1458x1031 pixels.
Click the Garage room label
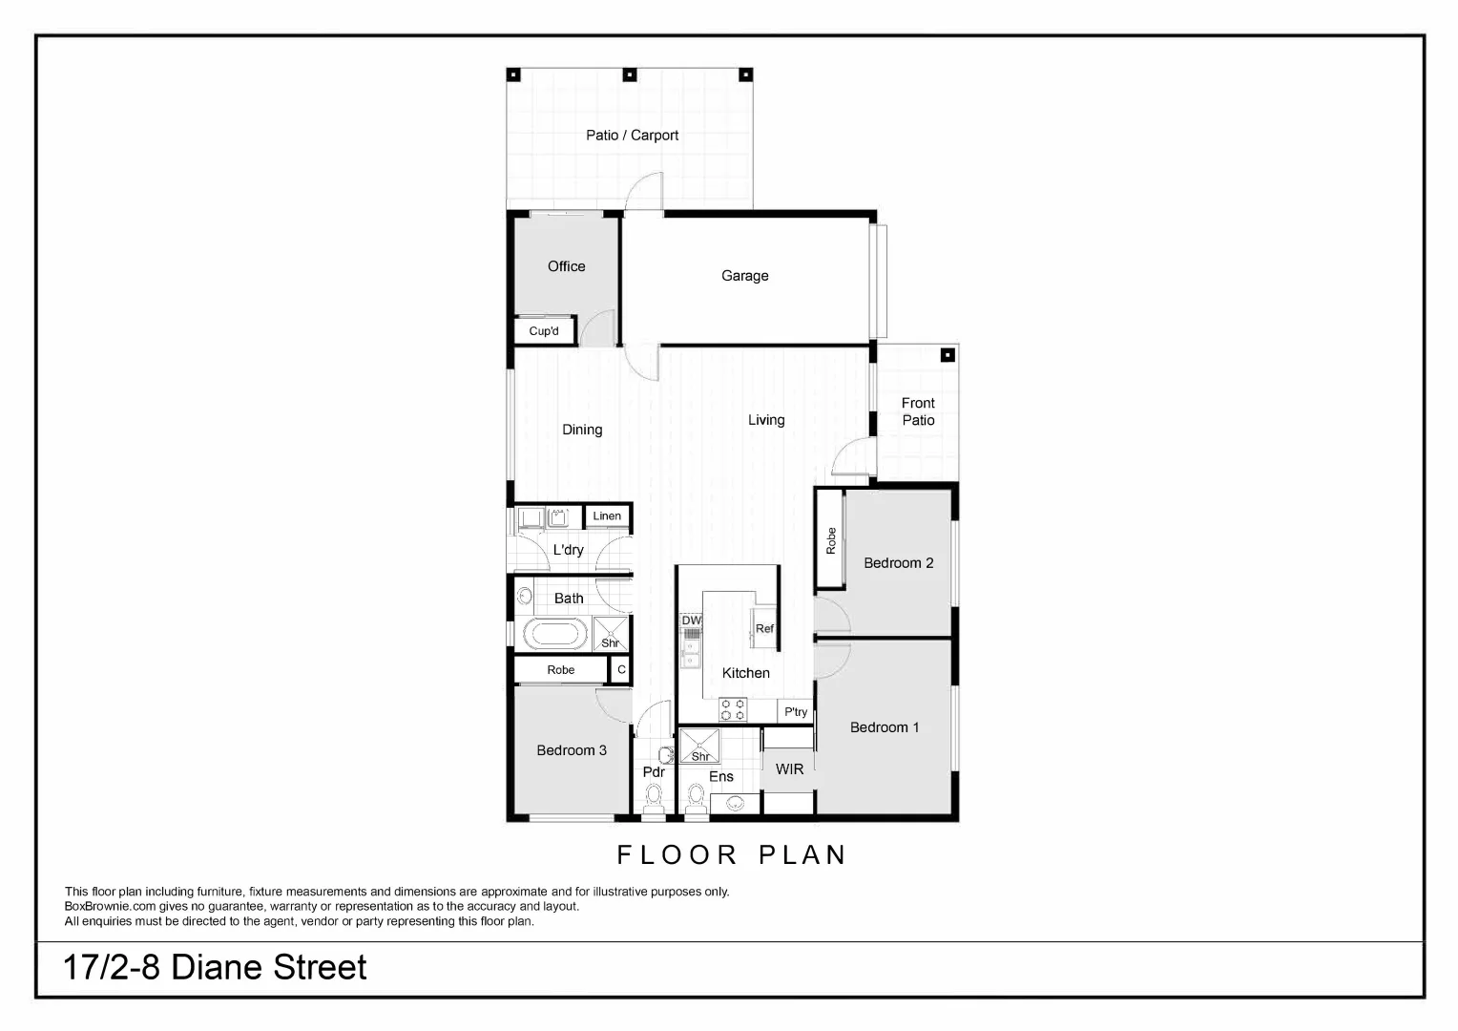point(744,276)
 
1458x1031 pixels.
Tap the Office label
point(566,266)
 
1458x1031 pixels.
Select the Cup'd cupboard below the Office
point(544,331)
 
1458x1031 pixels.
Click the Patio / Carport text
point(632,136)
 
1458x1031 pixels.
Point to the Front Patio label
point(918,411)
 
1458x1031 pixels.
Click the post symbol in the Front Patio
point(948,355)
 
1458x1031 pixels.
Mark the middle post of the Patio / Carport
point(629,74)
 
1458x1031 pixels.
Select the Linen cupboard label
point(607,516)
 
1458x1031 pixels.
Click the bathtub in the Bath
point(554,634)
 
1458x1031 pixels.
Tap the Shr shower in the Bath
point(611,634)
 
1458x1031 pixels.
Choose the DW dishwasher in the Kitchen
point(691,621)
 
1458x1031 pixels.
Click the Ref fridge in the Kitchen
point(764,627)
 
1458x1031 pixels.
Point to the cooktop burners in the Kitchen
point(733,709)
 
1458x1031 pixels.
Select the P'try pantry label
point(796,712)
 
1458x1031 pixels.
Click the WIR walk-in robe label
point(789,769)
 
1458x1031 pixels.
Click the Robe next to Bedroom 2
point(830,540)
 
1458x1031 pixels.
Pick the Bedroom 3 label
point(572,750)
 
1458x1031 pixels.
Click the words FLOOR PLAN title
point(732,855)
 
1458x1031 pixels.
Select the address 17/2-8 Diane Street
point(215,968)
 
